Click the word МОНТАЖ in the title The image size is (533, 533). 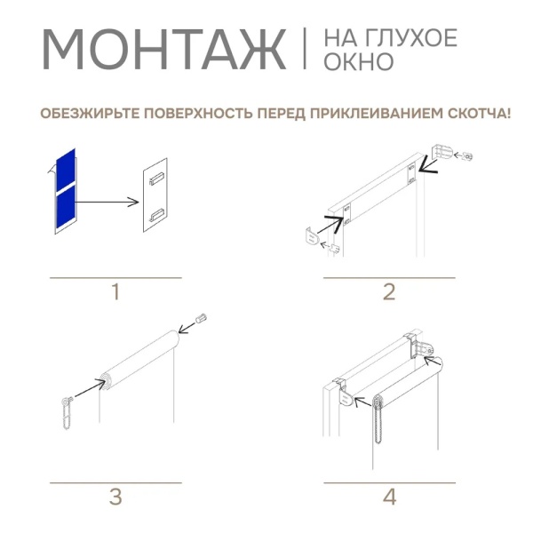pos(164,50)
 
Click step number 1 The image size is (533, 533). pos(115,292)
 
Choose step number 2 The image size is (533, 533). pos(388,292)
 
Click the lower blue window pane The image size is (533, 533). pos(64,210)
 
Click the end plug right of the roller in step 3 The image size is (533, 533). pos(201,317)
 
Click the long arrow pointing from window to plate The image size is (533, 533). pos(107,202)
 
